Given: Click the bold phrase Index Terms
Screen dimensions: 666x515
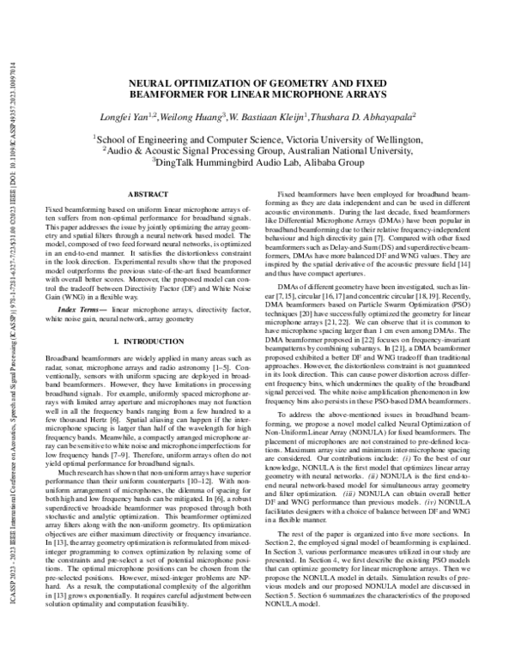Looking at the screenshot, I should coord(76,308).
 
